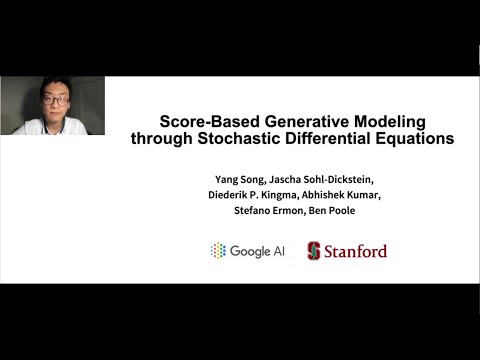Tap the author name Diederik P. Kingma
[251, 194]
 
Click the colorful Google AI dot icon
[218, 250]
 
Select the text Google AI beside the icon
[257, 251]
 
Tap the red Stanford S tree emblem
[314, 250]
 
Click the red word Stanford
[355, 251]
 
